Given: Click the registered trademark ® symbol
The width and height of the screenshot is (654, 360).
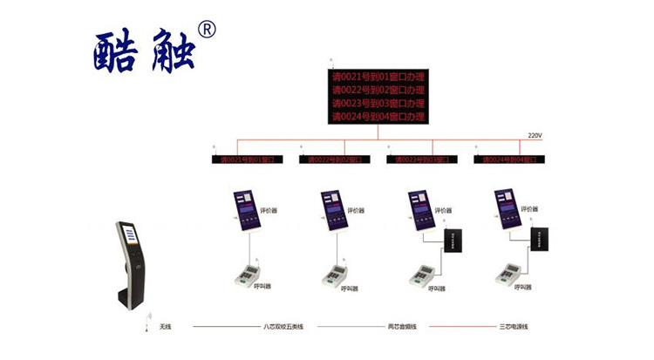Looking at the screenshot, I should [208, 30].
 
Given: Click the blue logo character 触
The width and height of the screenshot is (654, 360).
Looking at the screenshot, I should [171, 52].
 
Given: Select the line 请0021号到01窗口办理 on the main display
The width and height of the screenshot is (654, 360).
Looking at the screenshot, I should [378, 77].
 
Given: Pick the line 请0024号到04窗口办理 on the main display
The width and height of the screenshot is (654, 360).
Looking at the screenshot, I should [378, 116].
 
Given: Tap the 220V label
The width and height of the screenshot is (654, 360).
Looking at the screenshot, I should [535, 136].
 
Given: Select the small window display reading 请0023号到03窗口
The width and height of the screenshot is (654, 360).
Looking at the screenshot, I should [421, 160].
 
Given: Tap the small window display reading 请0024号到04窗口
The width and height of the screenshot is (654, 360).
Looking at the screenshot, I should [510, 160].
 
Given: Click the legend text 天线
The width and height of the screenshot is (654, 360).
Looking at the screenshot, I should [165, 327].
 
